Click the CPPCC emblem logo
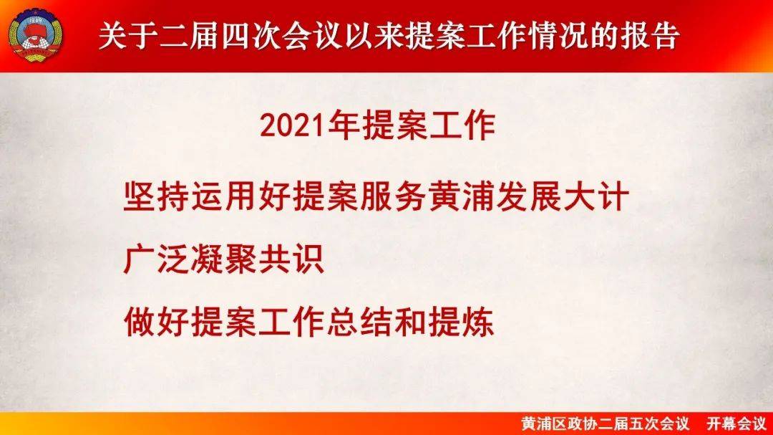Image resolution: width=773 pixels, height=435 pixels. coord(36,36)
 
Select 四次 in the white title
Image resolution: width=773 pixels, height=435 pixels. coord(251,36)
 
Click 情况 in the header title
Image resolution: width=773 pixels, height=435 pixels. coord(559,36)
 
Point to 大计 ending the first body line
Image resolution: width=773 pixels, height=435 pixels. coord(596,196)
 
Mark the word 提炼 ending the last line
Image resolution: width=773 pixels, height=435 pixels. coord(461,322)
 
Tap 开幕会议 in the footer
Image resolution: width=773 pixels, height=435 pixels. coord(736,424)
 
